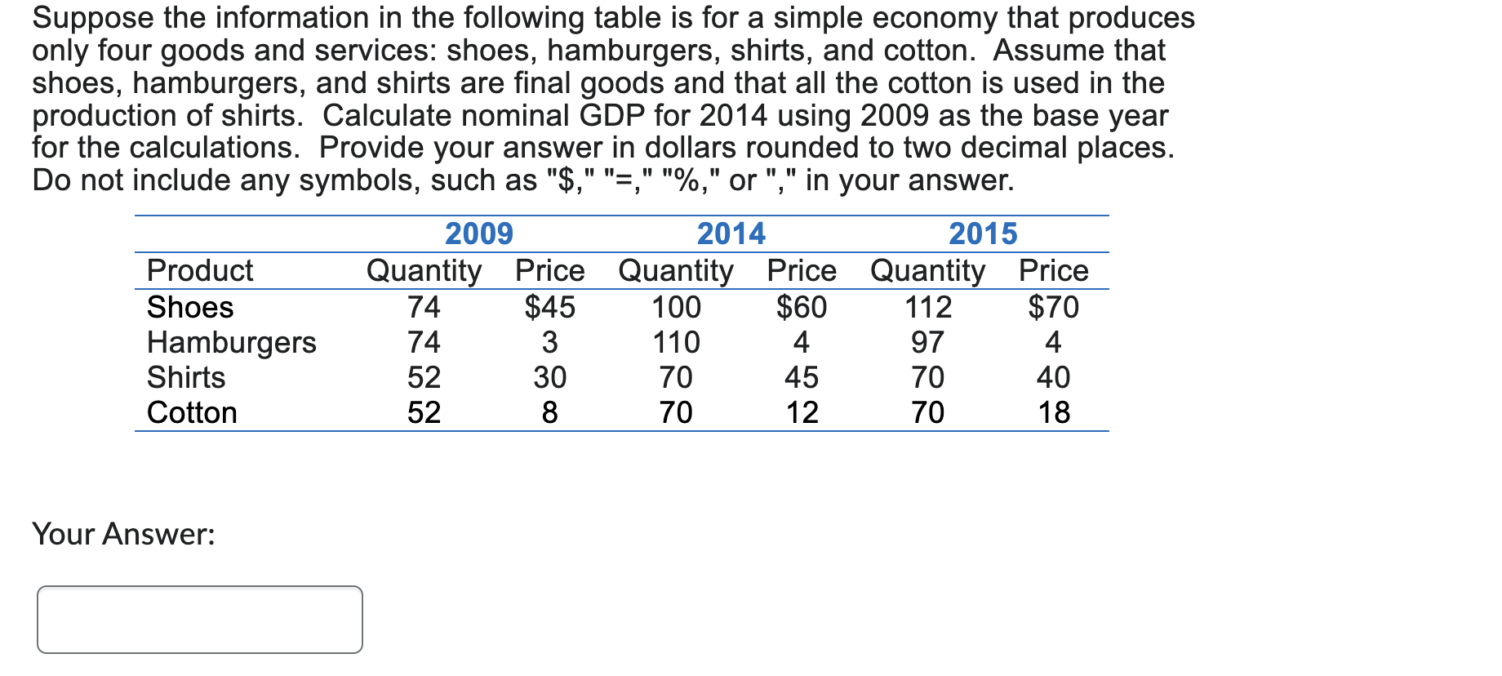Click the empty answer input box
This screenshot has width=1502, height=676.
pos(200,619)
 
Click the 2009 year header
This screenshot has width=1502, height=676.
pos(478,234)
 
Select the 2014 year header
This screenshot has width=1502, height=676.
pos(731,234)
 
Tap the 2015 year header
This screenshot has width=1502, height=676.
pos(983,234)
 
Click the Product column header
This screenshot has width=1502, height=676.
pos(200,270)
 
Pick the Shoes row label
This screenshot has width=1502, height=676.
pos(190,307)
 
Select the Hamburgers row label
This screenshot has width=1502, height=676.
pos(231,342)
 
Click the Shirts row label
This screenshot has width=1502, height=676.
pos(186,377)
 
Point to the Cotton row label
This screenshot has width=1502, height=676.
pos(192,412)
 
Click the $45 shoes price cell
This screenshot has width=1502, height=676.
pos(549,307)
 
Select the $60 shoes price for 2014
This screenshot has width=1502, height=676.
pos(801,307)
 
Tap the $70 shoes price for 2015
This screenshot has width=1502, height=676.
pos(1053,307)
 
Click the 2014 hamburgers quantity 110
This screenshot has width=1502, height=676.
pos(676,342)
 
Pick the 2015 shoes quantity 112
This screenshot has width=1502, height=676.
pos(928,307)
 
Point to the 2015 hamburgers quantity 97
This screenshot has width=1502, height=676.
pos(928,342)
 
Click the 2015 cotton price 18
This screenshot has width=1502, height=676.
pos(1053,412)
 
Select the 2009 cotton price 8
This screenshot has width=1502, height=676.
pos(549,412)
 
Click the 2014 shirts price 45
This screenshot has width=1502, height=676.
pos(801,377)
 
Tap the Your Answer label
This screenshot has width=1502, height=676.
pos(123,534)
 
